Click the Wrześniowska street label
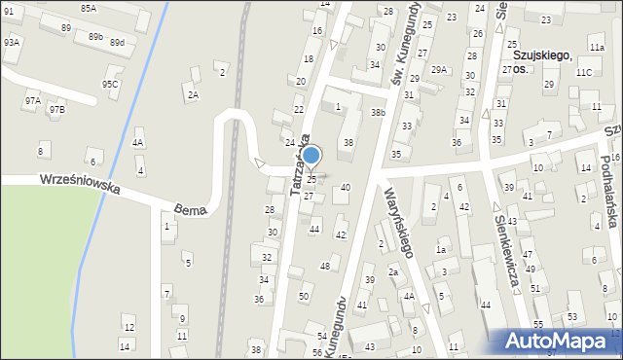click(x=80, y=185)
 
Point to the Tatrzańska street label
click(x=300, y=164)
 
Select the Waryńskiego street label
click(x=400, y=223)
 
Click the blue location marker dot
click(x=311, y=155)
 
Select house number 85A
click(x=90, y=8)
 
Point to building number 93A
click(x=12, y=43)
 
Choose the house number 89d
click(x=117, y=43)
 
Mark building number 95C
click(x=110, y=84)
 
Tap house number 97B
click(x=56, y=108)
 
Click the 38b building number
click(x=378, y=113)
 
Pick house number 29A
click(x=440, y=69)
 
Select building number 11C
click(x=583, y=72)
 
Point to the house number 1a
click(x=440, y=249)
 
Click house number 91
click(x=8, y=10)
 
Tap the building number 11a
click(x=596, y=47)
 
